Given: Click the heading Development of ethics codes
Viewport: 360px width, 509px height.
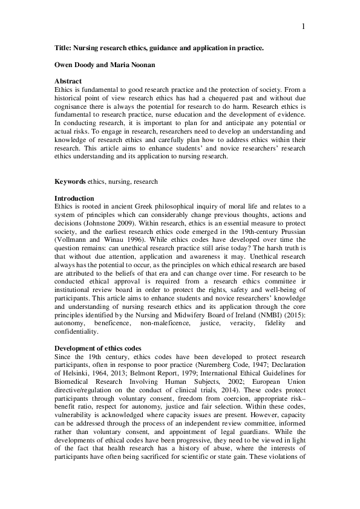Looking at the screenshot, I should tap(98, 348).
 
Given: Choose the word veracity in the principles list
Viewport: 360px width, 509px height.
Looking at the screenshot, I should tap(235, 323).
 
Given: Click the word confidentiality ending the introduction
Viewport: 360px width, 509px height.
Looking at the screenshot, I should tap(75, 332).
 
